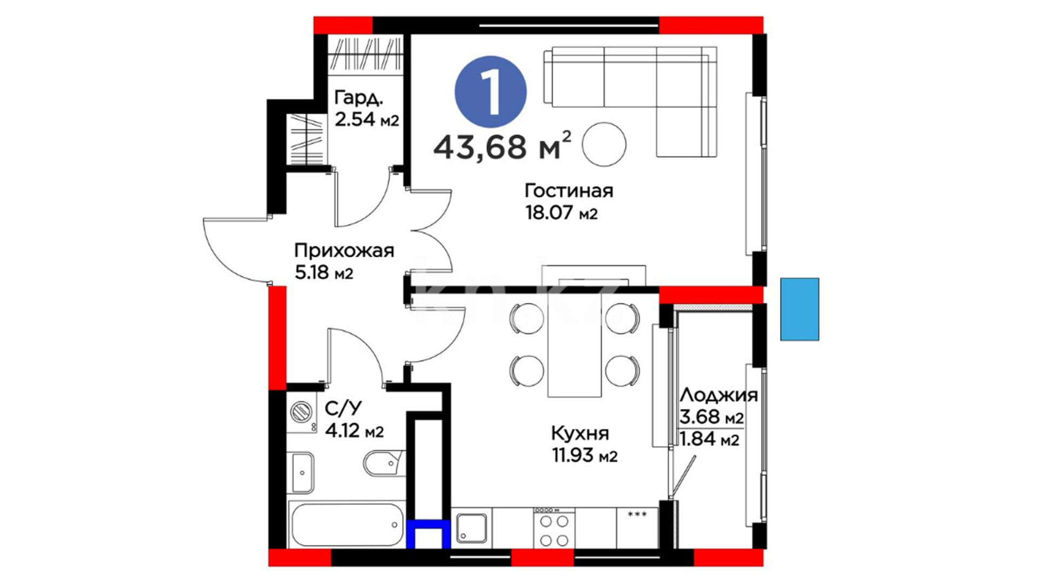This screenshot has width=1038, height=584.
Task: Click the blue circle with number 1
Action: [490, 92]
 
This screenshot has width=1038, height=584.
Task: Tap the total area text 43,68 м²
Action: [502, 146]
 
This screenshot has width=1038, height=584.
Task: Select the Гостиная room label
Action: [569, 191]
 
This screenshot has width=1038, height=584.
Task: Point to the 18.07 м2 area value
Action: [562, 213]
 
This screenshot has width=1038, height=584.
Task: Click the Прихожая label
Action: [344, 251]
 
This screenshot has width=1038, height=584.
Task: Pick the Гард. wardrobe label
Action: [359, 98]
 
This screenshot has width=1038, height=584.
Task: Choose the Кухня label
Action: [580, 433]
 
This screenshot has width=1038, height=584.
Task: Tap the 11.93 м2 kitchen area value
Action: [584, 456]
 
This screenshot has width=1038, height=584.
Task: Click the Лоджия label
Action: [718, 395]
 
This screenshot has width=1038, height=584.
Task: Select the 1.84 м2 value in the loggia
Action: [709, 439]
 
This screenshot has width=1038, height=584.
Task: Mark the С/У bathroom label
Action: [343, 408]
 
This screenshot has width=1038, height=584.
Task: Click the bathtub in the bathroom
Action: [346, 525]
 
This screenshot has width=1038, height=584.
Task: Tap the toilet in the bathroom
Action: [384, 463]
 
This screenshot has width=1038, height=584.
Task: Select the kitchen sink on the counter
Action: [472, 528]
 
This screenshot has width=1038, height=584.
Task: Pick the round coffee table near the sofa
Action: [604, 144]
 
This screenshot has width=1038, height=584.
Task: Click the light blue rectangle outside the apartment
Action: [800, 309]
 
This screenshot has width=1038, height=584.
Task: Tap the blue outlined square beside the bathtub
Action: [429, 534]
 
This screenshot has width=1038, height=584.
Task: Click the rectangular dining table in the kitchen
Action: [575, 346]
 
